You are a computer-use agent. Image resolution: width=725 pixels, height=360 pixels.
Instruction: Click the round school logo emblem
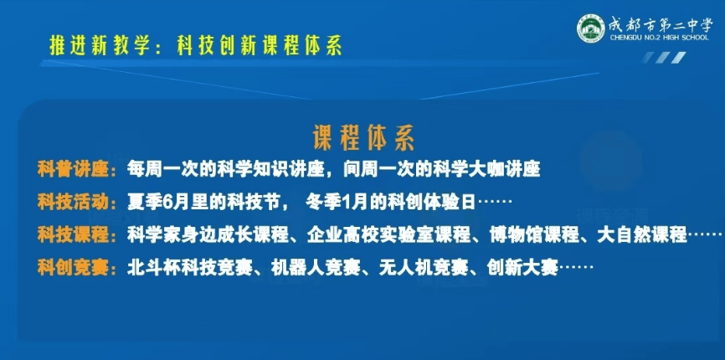point(590,28)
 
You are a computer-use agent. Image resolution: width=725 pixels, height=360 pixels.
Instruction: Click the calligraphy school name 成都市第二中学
point(661,24)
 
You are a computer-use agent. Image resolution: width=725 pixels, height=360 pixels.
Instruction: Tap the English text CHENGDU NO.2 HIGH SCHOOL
point(660,38)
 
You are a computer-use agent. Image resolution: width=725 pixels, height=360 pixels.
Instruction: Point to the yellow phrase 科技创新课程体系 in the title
point(260,47)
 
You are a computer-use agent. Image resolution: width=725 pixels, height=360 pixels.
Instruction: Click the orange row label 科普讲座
point(73,170)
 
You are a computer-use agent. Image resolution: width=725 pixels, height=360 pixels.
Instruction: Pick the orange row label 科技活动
point(73,203)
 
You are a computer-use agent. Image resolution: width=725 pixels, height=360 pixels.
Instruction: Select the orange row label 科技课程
point(73,235)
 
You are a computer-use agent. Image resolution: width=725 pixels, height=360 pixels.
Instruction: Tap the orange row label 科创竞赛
point(73,268)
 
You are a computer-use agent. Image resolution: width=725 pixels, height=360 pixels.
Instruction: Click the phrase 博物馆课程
point(534,235)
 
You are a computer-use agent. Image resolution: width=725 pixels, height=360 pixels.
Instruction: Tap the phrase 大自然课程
point(642,235)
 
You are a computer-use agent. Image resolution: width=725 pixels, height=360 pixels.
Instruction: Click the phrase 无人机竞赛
point(424,268)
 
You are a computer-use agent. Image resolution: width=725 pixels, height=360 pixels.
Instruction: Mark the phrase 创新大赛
point(522,268)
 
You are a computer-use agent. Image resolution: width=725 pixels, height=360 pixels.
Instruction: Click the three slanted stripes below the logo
point(665,57)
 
